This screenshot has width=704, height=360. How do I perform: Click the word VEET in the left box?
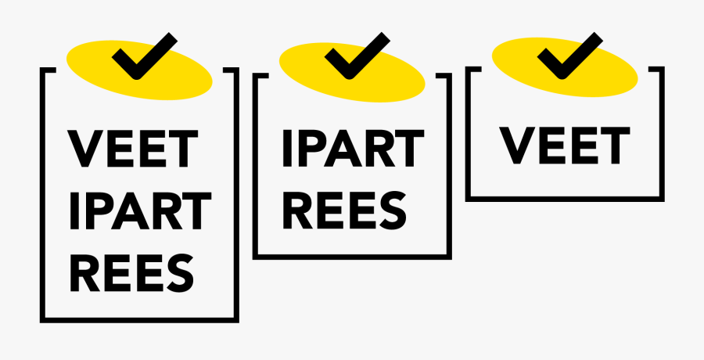(x=133, y=149)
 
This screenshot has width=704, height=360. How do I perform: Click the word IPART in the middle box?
(x=352, y=149)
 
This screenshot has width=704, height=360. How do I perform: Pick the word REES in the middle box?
(x=344, y=209)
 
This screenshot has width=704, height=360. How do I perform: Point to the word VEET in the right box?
(x=565, y=145)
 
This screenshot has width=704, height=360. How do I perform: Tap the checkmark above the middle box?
(x=357, y=56)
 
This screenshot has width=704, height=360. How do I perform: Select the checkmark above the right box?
(x=569, y=56)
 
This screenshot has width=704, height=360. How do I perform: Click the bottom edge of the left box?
(x=139, y=319)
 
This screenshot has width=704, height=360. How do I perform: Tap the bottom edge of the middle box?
(x=352, y=257)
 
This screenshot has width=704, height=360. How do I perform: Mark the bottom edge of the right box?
(x=565, y=198)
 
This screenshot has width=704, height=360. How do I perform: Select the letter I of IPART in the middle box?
(x=286, y=149)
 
